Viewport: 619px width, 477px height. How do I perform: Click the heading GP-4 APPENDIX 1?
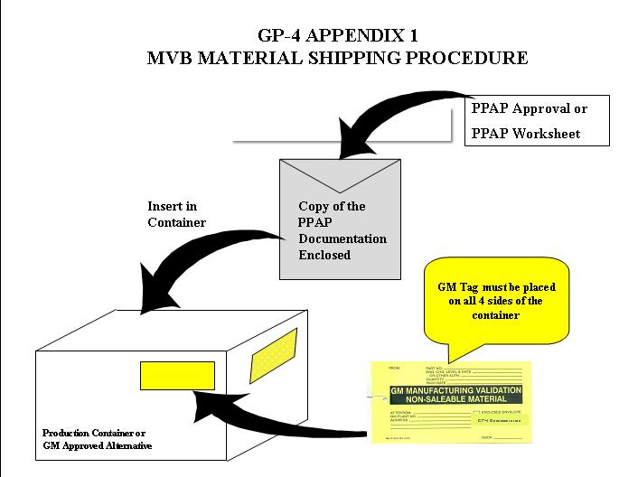337,37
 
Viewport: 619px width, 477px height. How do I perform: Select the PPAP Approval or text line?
530,109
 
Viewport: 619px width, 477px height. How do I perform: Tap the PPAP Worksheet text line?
526,135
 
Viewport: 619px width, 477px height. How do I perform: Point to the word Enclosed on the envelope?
324,256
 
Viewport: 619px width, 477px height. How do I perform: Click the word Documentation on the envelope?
342,238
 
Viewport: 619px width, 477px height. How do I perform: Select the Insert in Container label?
177,214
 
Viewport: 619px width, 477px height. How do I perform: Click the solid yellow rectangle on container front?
177,376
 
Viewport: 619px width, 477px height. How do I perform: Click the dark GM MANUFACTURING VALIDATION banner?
455,394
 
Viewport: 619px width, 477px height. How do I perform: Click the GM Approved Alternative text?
97,445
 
